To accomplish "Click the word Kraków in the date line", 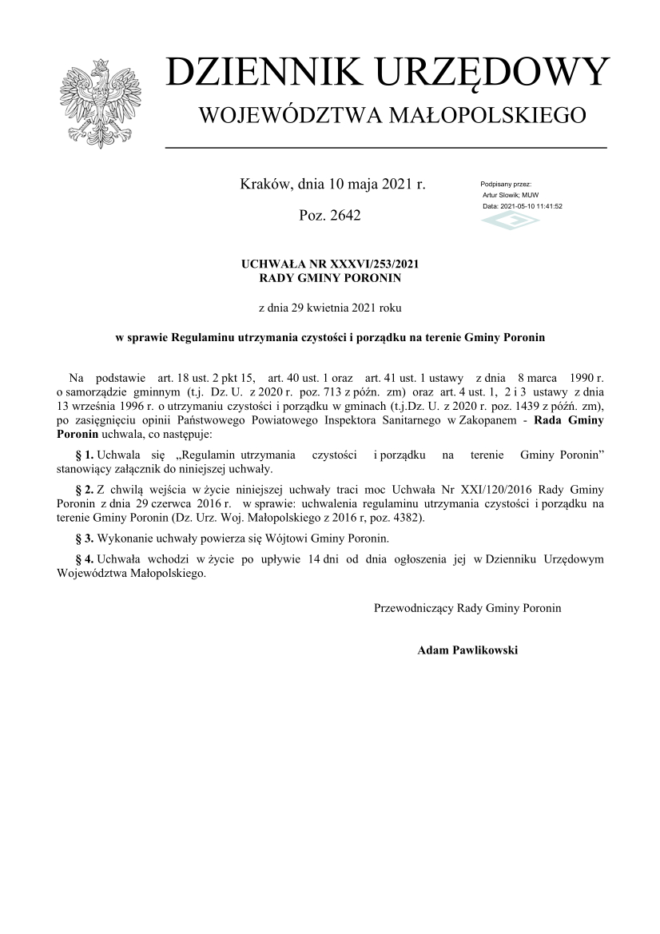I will point(266,185).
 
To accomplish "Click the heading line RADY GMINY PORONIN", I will point(330,278).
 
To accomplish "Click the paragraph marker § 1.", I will point(84,455).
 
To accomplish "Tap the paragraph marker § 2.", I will point(84,489).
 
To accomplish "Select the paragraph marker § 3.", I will point(84,538).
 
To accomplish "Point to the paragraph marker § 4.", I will point(84,559).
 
